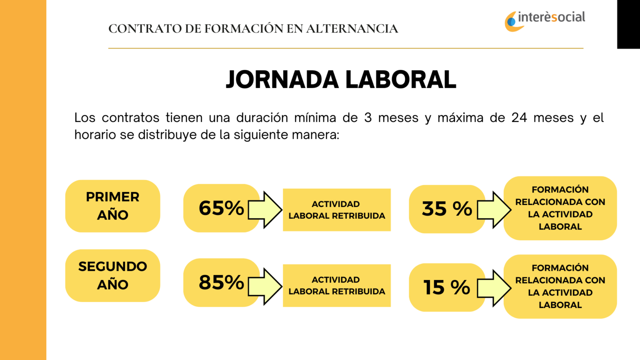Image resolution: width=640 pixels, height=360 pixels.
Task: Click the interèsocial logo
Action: [x=545, y=20]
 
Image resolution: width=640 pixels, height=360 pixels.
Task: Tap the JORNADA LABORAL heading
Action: [x=341, y=80]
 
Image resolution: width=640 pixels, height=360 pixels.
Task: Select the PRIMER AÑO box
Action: [x=112, y=206]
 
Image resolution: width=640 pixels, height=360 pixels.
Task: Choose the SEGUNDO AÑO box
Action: [x=112, y=275]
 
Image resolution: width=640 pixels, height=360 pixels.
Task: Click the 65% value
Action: [x=221, y=208]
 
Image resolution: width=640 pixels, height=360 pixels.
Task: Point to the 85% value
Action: [x=221, y=282]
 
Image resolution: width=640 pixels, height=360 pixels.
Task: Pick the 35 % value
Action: [x=447, y=209]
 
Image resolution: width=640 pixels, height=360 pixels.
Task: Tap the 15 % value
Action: [x=447, y=287]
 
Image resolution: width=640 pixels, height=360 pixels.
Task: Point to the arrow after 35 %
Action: [x=494, y=210]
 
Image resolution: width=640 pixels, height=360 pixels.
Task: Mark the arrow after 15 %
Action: [x=494, y=288]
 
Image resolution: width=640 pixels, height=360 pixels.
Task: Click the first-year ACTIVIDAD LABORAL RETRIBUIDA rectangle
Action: [x=337, y=210]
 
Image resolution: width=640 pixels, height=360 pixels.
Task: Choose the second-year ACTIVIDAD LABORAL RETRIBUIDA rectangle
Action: [x=337, y=285]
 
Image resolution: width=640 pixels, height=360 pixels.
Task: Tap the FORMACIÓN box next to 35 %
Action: [x=560, y=208]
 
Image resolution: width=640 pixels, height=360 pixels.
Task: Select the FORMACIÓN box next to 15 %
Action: [x=560, y=286]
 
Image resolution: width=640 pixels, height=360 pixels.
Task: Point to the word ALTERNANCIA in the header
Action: [x=352, y=29]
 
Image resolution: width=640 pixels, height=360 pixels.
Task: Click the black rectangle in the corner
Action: [x=628, y=24]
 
